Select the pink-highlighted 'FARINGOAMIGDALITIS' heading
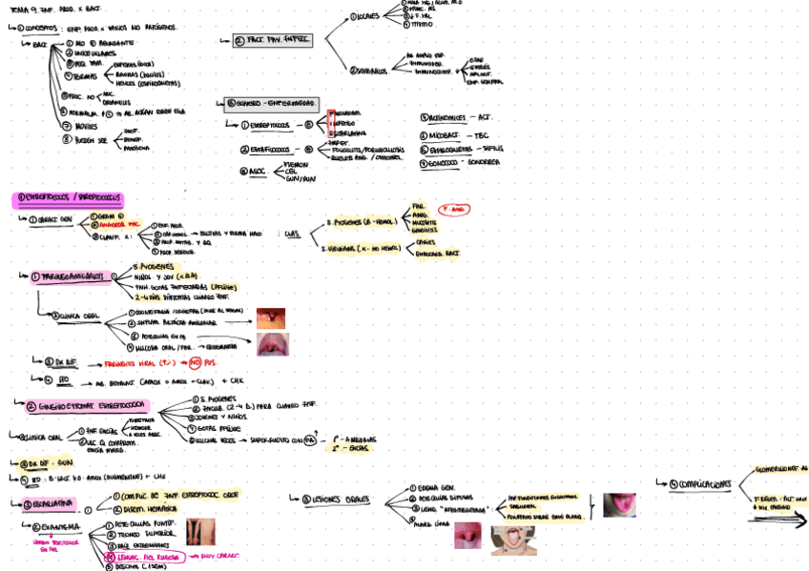pos(70,277)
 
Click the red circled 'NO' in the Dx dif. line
pos(195,362)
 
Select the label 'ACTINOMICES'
pos(448,117)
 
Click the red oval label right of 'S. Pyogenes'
pos(455,209)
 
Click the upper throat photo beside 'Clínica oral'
pos(271,318)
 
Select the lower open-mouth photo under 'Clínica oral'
pos(271,344)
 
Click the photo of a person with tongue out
pos(513,540)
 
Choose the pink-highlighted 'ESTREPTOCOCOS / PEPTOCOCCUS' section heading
pos(68,199)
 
